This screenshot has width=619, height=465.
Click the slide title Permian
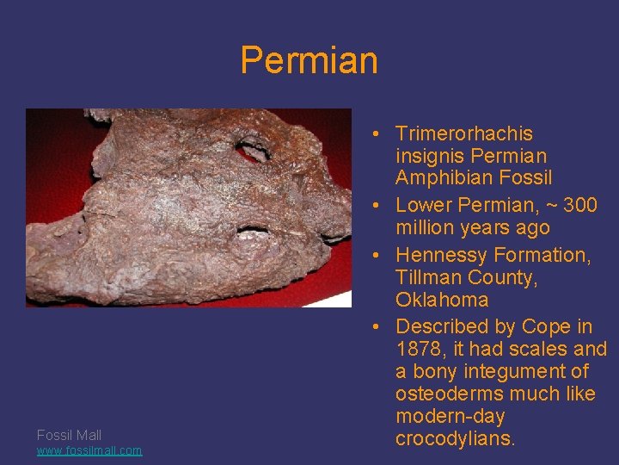pyautogui.click(x=309, y=60)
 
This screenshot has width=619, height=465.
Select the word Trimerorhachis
pyautogui.click(x=464, y=133)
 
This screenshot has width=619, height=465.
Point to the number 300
pyautogui.click(x=579, y=205)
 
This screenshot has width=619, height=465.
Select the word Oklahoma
pyautogui.click(x=442, y=300)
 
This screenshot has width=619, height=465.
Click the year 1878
pyautogui.click(x=420, y=349)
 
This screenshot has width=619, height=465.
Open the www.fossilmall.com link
pyautogui.click(x=89, y=450)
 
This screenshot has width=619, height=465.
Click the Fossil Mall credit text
pyautogui.click(x=69, y=435)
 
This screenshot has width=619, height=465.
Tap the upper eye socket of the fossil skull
pyautogui.click(x=254, y=151)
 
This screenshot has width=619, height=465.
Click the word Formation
pyautogui.click(x=542, y=255)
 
